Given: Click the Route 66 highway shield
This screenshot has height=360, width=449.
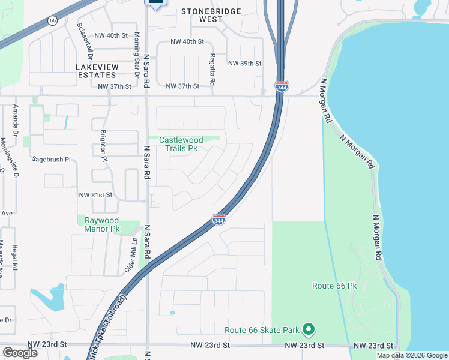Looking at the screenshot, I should coord(53,20).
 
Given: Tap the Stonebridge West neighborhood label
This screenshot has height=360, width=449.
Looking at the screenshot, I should coord(211,16).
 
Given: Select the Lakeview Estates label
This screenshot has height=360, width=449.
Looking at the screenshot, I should coord(96,71).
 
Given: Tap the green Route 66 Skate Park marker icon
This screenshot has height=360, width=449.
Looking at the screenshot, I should coord(309,329).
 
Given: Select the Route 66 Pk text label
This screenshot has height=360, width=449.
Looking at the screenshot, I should coord(334,286).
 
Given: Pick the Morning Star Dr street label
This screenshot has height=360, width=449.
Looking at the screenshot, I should coord(137,55).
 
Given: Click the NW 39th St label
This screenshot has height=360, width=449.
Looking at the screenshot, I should coord(245,64).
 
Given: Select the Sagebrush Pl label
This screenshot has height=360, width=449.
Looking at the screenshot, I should coord(52,160).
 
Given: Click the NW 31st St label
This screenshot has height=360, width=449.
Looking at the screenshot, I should coord(96,195).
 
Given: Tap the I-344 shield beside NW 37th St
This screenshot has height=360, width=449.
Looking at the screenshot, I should coord(282,86).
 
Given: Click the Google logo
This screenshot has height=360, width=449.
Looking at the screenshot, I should coord(20,353).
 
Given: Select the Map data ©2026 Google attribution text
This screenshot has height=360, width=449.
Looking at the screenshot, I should coord(412,355).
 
